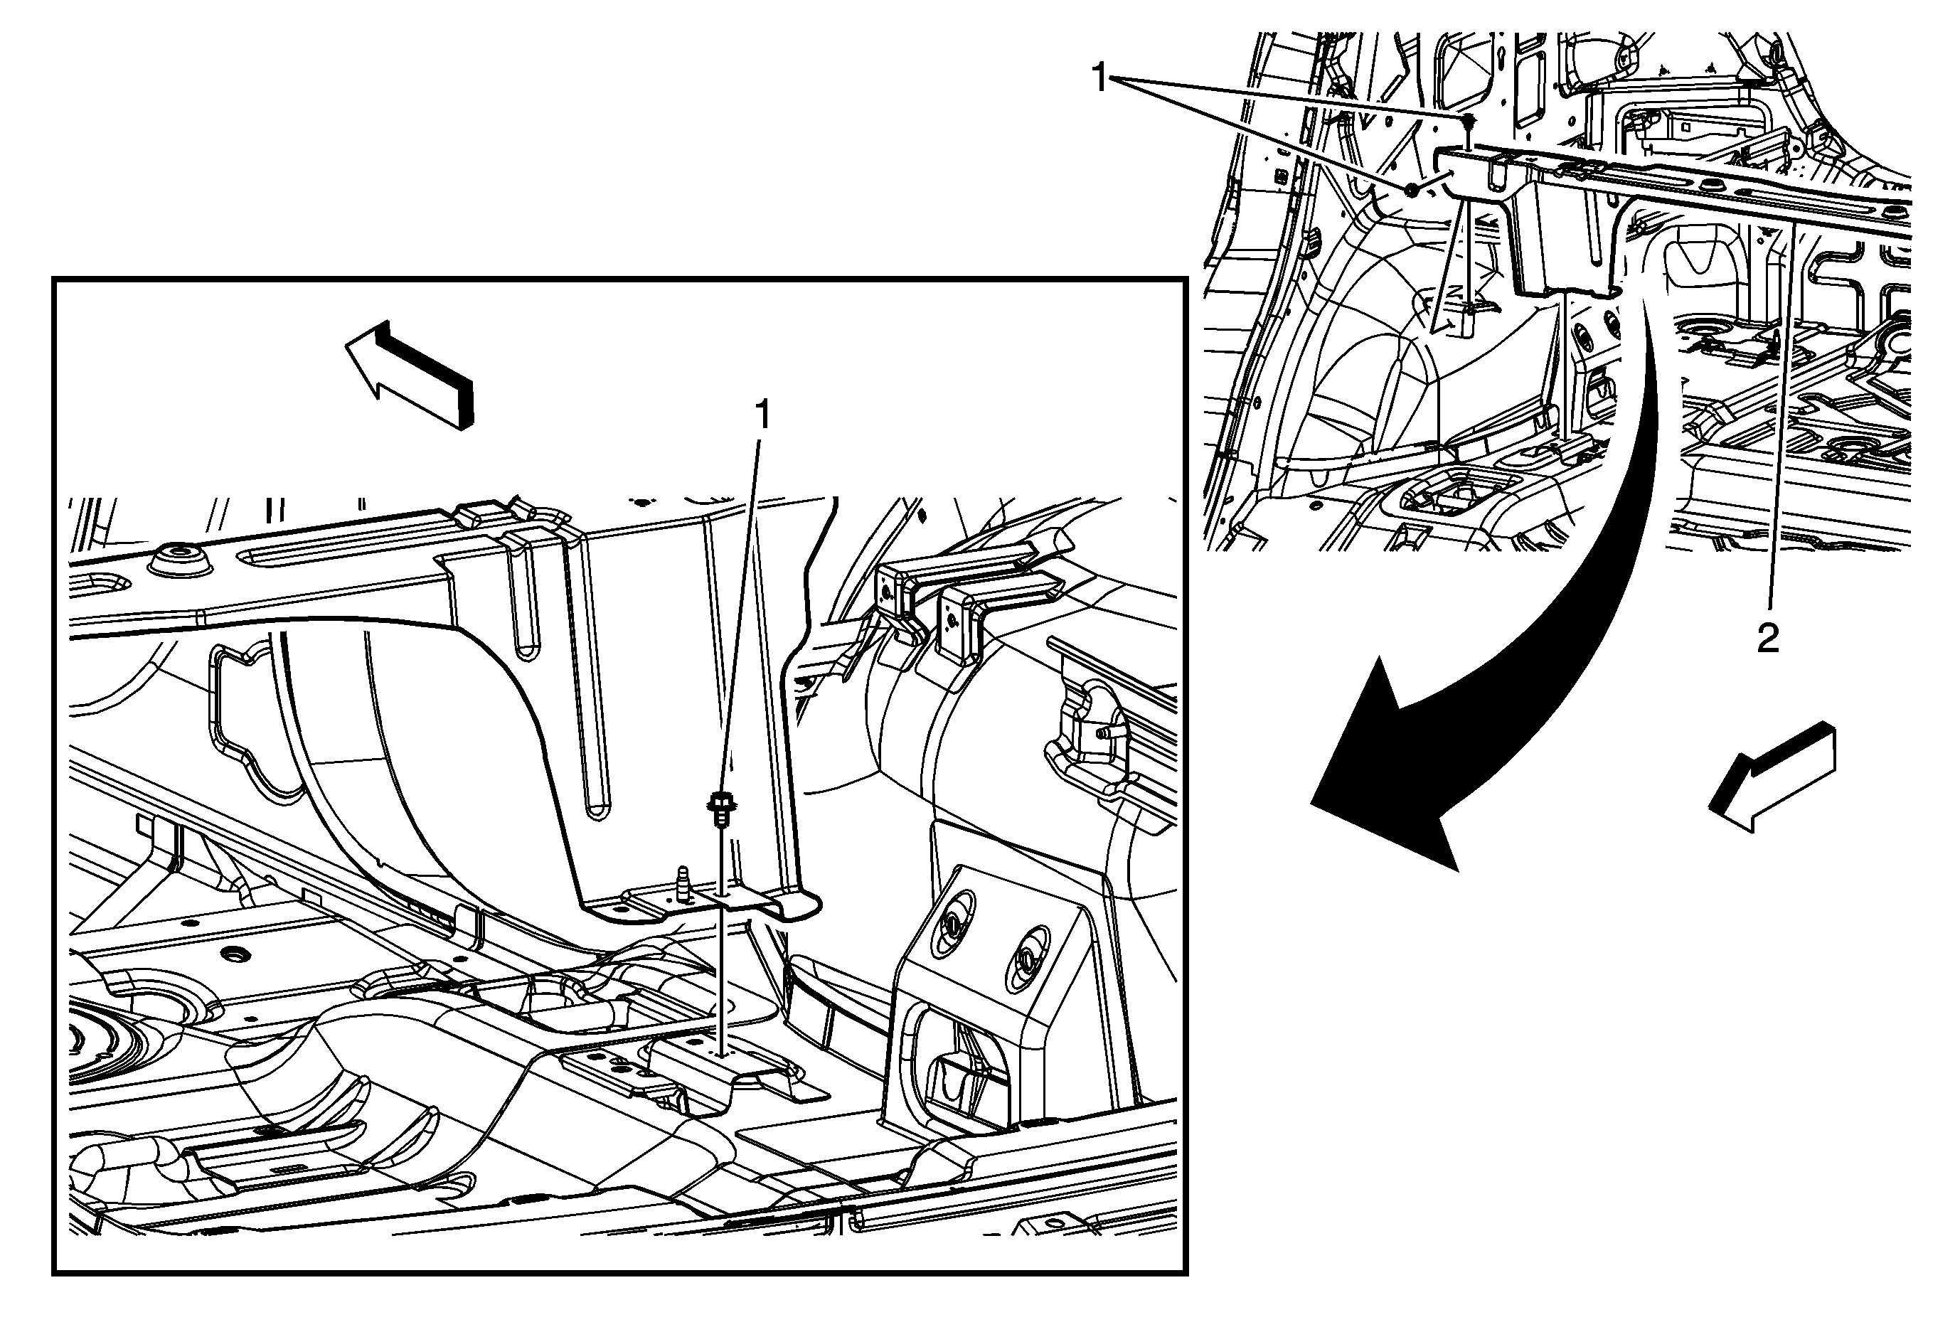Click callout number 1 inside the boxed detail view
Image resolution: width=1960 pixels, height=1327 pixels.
(762, 415)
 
